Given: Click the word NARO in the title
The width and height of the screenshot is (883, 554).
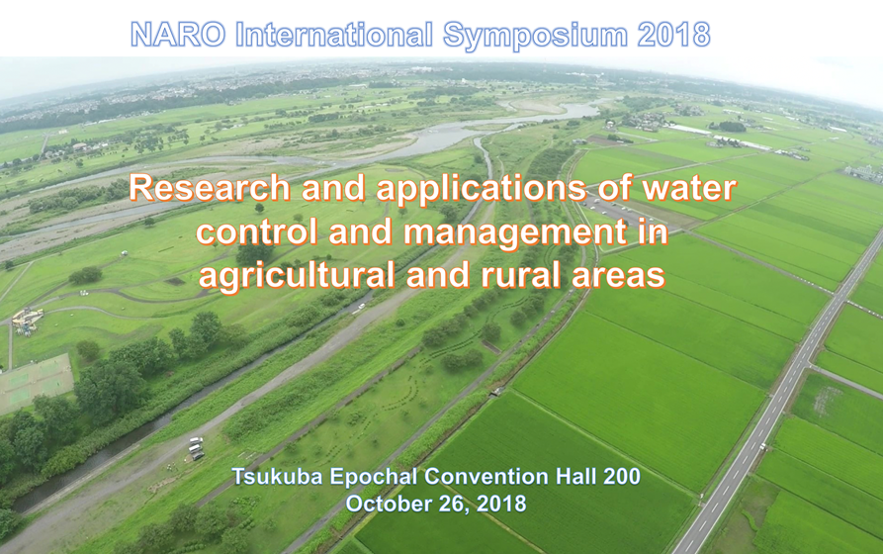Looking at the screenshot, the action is tap(178, 35).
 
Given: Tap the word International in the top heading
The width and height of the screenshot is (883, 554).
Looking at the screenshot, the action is tap(334, 35).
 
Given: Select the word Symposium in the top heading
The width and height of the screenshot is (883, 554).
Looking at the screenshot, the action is tap(535, 36).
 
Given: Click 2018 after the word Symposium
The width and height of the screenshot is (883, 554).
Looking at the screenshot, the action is tap(673, 35).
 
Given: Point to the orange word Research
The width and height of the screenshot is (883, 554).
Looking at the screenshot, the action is tap(210, 188).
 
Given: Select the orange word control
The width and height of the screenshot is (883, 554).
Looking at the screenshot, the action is tap(257, 231).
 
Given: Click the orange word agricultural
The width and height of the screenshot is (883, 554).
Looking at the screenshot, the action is tap(297, 277).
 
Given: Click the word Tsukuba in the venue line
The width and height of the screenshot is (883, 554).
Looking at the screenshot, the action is tap(277, 477).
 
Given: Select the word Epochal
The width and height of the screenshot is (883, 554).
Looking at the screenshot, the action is tap(374, 478).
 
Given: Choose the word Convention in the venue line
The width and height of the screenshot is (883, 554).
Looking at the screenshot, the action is tap(486, 477).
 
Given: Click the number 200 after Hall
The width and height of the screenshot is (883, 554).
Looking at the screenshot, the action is tap(622, 477).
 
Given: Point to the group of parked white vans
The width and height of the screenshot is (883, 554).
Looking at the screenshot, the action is tap(196, 448).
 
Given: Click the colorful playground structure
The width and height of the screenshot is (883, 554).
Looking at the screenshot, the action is tap(26, 321).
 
